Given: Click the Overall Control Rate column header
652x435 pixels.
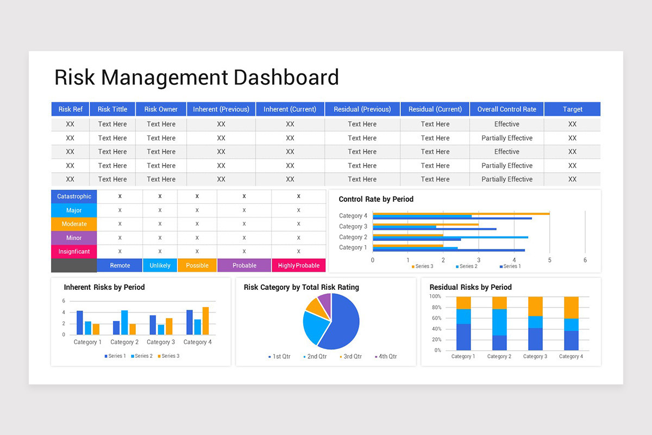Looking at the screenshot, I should click(x=506, y=109).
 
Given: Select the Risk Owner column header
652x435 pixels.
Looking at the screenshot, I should click(x=161, y=109).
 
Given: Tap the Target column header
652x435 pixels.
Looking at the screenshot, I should click(x=572, y=109).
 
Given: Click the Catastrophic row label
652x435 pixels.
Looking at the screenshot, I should click(x=74, y=196).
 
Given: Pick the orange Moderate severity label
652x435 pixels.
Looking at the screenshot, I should click(x=74, y=224).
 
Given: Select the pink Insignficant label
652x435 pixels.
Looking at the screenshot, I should click(x=74, y=252).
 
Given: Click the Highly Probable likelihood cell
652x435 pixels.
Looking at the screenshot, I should click(x=298, y=265).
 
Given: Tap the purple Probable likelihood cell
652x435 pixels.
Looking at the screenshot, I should click(x=244, y=265).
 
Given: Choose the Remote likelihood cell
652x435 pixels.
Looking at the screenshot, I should click(x=120, y=265).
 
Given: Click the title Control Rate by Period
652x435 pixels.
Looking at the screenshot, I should click(x=376, y=199).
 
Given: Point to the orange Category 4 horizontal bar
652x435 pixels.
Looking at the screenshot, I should click(x=461, y=214).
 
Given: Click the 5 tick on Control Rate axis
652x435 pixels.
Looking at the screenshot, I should click(x=549, y=260).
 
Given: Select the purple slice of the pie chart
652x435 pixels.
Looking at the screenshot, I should click(x=325, y=301).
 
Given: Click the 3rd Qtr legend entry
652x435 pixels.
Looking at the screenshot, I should click(x=352, y=357).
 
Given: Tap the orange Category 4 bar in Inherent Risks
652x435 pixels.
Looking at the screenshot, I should click(x=205, y=321).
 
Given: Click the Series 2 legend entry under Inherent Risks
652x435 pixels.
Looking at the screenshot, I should click(x=143, y=356).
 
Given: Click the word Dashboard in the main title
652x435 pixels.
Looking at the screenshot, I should click(x=286, y=77).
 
